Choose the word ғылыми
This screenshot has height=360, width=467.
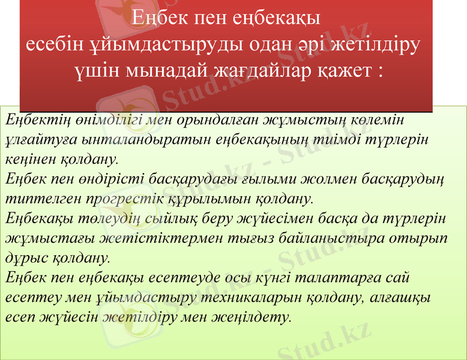[289, 179]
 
